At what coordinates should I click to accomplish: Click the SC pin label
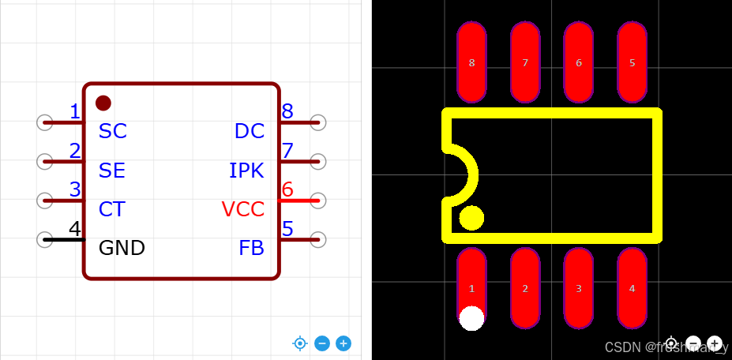point(112,131)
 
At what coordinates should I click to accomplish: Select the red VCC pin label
point(242,209)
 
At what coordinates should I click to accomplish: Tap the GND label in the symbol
point(122,248)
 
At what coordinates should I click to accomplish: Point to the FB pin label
point(251,248)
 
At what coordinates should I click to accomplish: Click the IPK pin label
point(246,171)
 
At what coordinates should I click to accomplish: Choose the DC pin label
point(250,131)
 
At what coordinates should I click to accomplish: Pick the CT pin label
point(111,209)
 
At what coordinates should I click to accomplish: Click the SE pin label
point(112,171)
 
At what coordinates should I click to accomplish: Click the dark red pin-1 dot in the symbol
point(103,103)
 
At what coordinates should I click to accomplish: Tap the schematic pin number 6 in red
point(287,189)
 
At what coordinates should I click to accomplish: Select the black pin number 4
point(75,229)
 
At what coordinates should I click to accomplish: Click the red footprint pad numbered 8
point(472,62)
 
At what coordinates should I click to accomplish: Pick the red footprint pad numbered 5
point(632,62)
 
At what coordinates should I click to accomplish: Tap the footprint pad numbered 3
point(579,288)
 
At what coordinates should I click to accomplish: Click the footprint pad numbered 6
point(579,62)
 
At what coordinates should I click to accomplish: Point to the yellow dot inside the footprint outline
point(471,218)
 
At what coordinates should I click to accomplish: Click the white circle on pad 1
point(471,318)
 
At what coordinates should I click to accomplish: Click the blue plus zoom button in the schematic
point(343,343)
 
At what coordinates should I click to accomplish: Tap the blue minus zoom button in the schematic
point(322,343)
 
